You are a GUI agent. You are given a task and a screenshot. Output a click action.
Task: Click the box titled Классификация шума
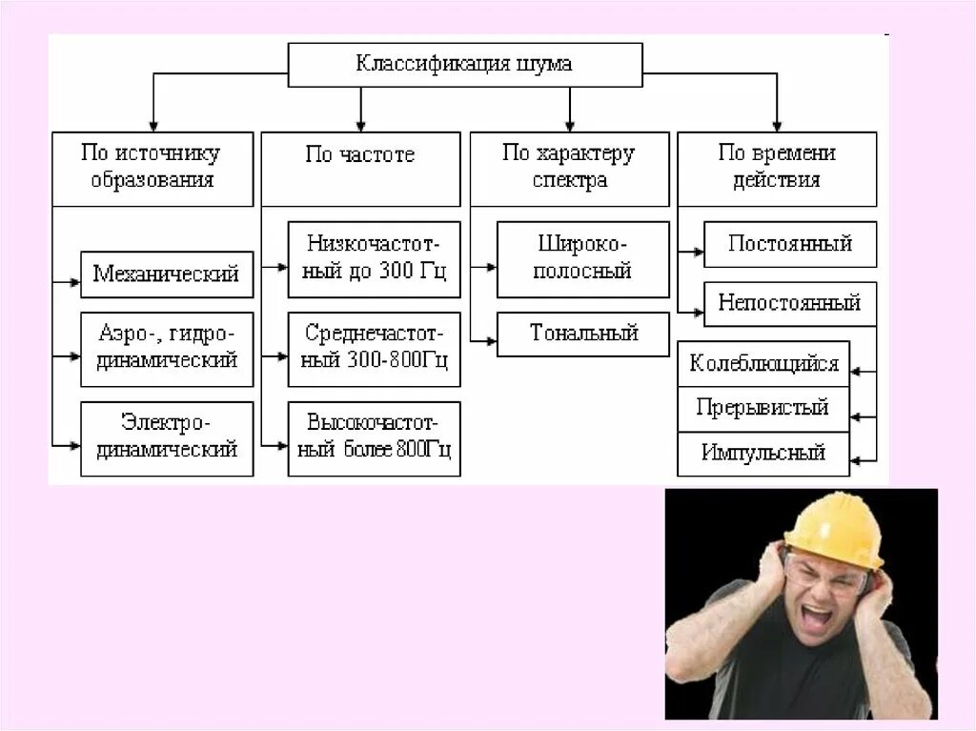click(465, 65)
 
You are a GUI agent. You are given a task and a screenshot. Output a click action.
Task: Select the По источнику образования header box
click(152, 169)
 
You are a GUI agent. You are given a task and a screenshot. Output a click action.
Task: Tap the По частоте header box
click(360, 169)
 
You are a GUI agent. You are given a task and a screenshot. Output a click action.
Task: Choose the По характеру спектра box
click(569, 169)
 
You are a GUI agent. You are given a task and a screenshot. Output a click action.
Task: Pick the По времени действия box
click(777, 169)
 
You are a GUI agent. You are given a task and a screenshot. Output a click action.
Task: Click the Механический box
click(167, 275)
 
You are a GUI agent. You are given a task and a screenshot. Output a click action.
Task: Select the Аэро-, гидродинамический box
click(167, 349)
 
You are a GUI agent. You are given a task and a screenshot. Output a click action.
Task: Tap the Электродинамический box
click(167, 438)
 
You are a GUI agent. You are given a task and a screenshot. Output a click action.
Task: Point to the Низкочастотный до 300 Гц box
click(374, 259)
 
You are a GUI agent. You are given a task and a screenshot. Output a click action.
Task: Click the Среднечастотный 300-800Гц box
click(374, 349)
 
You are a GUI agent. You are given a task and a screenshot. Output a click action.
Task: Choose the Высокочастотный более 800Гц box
click(374, 438)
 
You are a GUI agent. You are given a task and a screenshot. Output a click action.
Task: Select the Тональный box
click(582, 335)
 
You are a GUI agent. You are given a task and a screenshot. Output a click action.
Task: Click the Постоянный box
click(790, 244)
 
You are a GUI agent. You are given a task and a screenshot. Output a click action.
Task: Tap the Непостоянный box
click(790, 304)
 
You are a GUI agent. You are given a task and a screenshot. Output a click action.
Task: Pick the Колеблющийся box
click(763, 364)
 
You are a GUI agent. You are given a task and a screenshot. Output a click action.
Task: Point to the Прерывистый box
click(763, 409)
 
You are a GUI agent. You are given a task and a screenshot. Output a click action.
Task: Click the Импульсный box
click(763, 454)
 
